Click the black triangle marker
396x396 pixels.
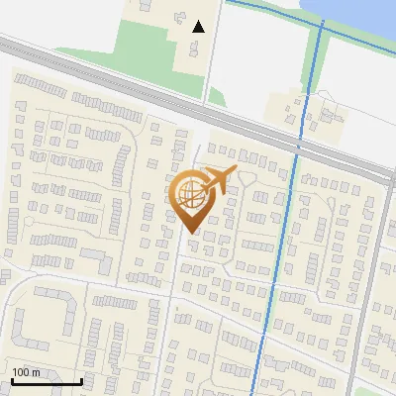point(199,27)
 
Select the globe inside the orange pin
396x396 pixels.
point(190,194)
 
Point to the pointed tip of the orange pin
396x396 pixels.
point(191,232)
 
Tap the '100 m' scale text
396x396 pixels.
point(27,372)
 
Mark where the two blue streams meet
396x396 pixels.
point(321,26)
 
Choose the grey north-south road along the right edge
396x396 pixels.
point(371,277)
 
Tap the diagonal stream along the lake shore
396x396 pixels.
point(277,12)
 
